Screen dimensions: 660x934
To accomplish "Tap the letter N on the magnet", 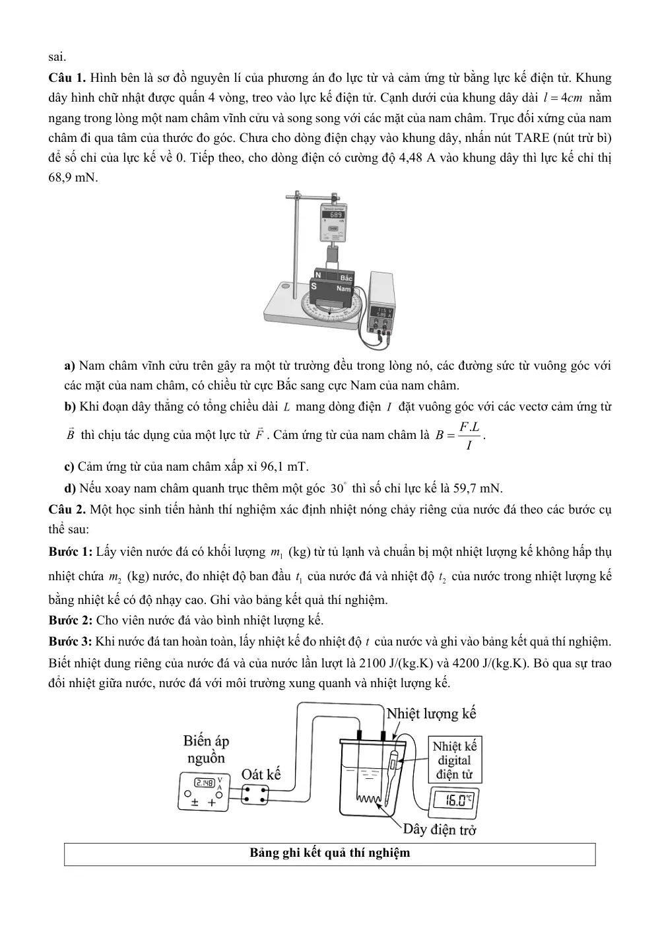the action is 318,275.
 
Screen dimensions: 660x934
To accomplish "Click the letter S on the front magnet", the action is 314,286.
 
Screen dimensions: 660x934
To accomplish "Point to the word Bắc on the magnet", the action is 346,278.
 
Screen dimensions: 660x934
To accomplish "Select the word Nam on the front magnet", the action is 344,288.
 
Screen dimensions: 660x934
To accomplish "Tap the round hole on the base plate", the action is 286,286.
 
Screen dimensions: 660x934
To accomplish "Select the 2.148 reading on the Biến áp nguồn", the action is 205,783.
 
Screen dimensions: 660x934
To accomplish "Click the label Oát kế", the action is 261,774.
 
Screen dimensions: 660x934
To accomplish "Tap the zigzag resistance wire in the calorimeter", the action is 368,799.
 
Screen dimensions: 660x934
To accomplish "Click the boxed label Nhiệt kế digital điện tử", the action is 455,760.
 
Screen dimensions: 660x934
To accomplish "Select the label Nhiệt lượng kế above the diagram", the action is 431,714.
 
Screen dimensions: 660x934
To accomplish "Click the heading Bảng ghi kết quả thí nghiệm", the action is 330,852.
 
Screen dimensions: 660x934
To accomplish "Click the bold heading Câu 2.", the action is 67,509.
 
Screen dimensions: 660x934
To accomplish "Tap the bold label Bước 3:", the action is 70,642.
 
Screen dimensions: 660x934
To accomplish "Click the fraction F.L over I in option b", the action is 469,436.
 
